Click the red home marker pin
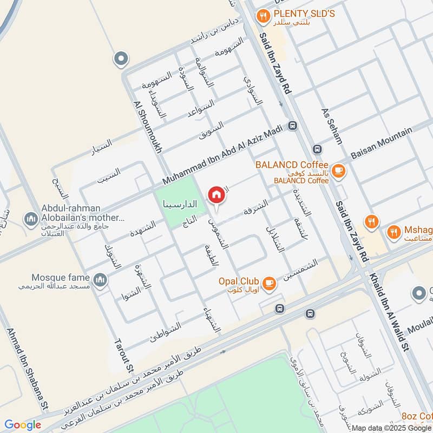tap(216, 194)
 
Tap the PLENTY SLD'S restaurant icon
tap(263, 16)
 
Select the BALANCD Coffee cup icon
tap(339, 171)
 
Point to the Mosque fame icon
tap(100, 279)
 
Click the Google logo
tap(23, 425)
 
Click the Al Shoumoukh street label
tap(147, 128)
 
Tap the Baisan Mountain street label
tap(381, 142)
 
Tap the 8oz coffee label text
tap(417, 416)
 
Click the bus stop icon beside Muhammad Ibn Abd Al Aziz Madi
tap(293, 126)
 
